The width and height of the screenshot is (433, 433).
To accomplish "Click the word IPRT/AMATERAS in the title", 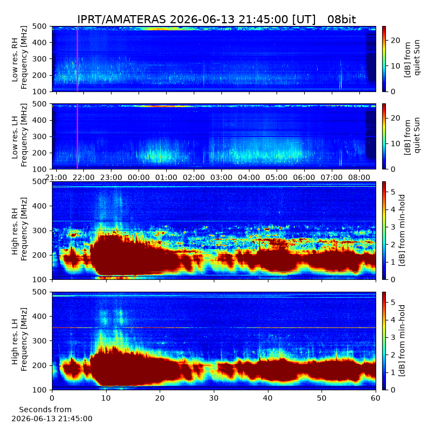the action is point(121,19).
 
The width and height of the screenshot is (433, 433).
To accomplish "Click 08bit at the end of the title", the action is point(342,19).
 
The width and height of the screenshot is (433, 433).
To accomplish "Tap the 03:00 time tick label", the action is point(221,178).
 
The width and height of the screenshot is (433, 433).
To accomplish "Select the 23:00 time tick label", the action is point(111,178).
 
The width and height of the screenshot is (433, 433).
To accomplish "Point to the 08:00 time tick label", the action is point(359,178).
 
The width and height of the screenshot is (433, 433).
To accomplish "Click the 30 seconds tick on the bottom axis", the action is point(214,398).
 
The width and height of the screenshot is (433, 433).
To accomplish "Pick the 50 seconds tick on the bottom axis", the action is point(322,398).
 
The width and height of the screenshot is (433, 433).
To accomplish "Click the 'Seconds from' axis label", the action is point(45,409).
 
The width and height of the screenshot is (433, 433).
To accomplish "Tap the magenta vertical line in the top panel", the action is point(77,59).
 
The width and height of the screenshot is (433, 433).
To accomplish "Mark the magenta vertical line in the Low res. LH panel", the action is point(77,136).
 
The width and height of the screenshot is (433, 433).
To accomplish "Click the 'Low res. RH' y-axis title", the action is point(15,60).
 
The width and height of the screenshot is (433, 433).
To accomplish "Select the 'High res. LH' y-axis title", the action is point(15,342).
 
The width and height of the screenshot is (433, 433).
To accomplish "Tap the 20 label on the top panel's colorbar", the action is point(396,40).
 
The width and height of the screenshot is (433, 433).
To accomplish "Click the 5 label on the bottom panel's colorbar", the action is point(393,303).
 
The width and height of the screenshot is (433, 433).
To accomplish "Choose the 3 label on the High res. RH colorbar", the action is point(393,227).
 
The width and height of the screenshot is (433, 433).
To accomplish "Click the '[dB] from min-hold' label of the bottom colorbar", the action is point(402,340).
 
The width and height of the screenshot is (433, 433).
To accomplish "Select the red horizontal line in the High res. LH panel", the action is point(214,328).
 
